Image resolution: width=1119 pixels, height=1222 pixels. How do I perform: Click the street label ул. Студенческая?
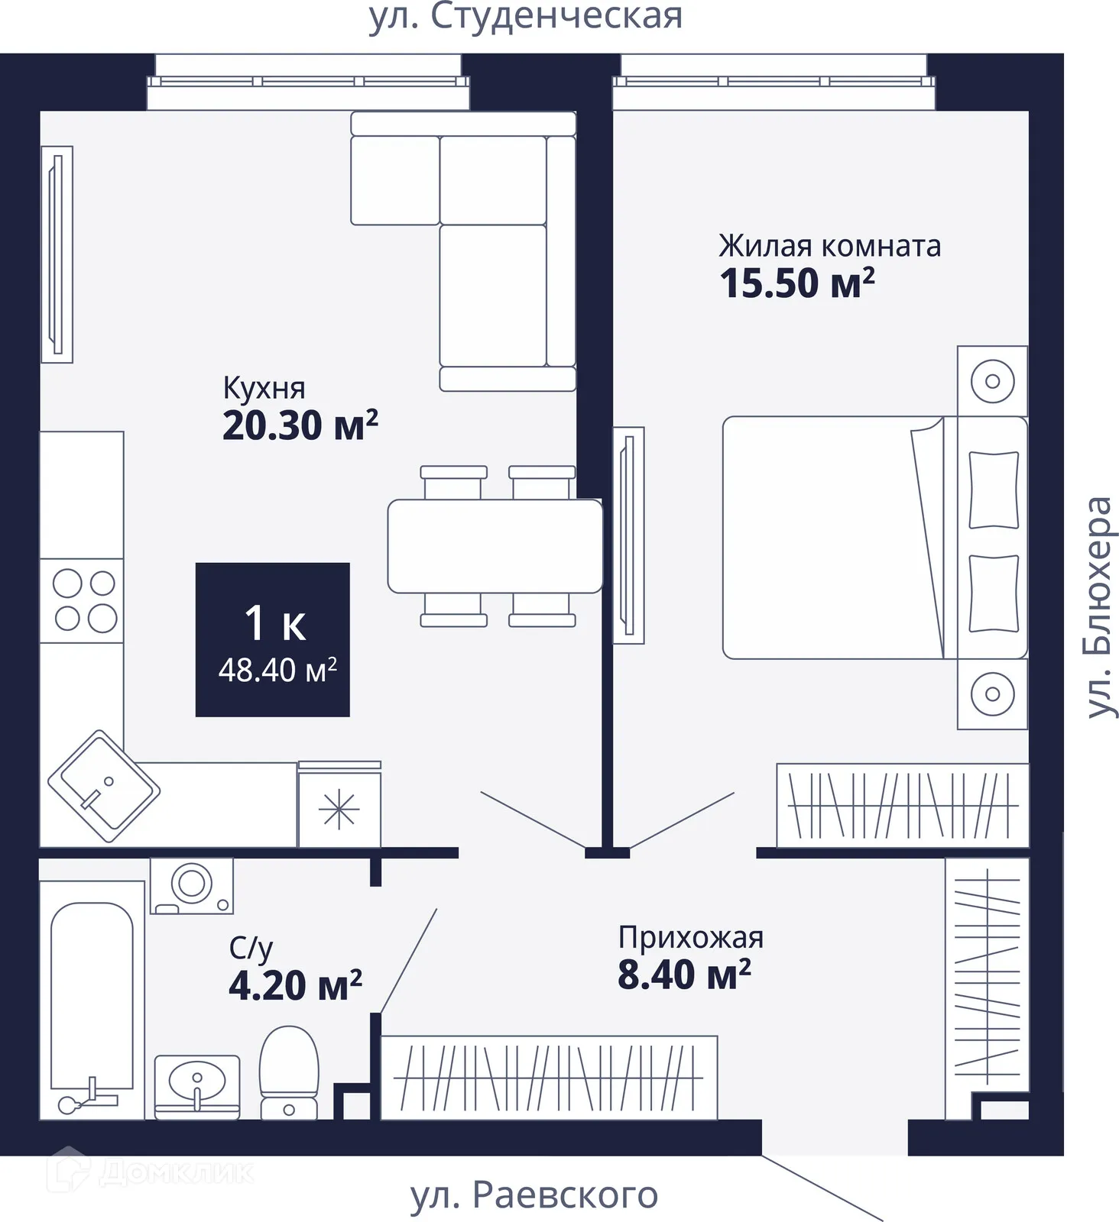pos(526,17)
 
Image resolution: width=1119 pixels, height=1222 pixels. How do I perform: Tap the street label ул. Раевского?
pos(534,1195)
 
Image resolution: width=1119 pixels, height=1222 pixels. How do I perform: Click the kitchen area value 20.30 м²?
pos(300,425)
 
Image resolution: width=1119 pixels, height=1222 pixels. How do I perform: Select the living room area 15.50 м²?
pos(797,283)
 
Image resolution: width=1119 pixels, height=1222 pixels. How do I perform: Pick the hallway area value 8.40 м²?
pos(684,975)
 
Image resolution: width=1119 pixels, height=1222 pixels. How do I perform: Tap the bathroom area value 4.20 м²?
pos(295,985)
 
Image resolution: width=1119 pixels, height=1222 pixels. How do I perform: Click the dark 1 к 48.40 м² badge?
pos(273,640)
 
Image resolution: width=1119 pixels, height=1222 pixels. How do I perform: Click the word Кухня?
pos(264,388)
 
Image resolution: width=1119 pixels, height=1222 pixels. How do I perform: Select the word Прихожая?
pos(691,938)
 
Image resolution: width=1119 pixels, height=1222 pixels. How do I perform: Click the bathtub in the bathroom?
pos(92,1001)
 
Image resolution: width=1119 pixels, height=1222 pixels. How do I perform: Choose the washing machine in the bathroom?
pos(192,885)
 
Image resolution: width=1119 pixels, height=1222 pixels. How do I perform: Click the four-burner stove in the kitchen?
pos(82,600)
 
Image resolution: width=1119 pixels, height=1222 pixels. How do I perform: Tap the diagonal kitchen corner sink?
pos(104,786)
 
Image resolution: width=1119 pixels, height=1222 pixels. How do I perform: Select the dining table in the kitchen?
pos(495,546)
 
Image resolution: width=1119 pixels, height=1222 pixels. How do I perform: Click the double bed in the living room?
pos(875,538)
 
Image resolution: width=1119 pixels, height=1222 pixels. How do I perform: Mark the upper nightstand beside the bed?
pos(992,381)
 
